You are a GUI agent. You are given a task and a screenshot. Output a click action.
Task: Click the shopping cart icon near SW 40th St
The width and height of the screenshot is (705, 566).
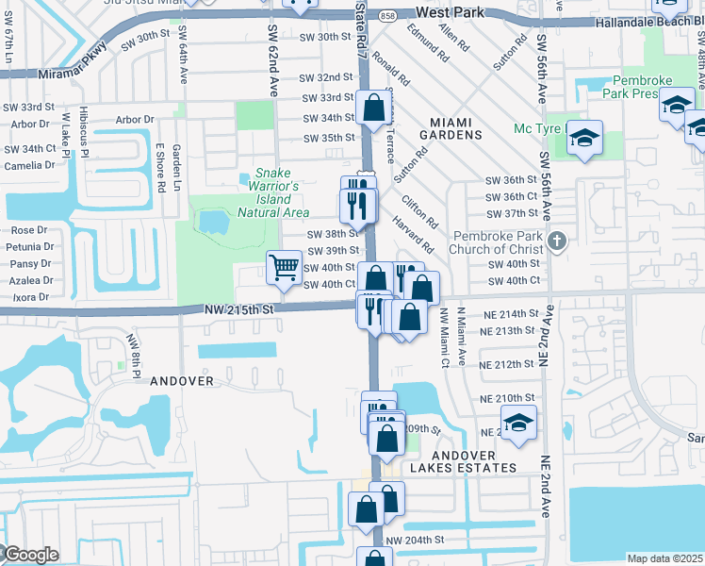click(x=284, y=268)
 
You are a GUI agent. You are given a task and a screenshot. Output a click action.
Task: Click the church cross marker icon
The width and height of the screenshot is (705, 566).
click(x=557, y=241)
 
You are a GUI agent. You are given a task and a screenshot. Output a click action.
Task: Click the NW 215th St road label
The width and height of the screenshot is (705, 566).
click(x=238, y=309)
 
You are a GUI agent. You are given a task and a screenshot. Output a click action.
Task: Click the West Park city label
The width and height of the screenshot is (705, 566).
click(x=450, y=12)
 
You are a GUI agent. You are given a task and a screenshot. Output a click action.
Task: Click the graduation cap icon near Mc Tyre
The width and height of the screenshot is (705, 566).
click(x=584, y=140)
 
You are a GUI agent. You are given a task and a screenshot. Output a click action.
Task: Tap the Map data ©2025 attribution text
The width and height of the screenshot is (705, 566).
click(x=664, y=558)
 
